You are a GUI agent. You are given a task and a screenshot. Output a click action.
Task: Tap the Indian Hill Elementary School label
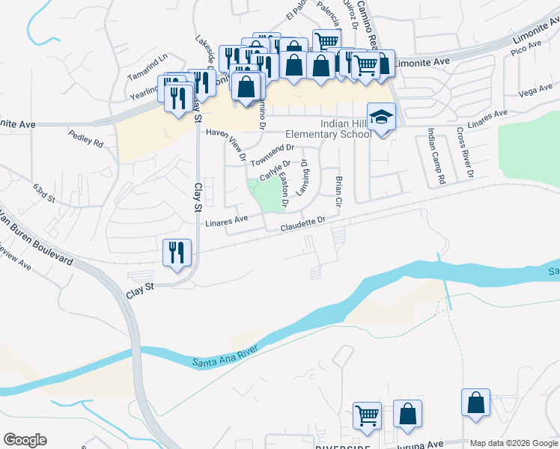[x=329, y=129]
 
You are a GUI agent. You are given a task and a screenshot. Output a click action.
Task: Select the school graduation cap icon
[x=382, y=117]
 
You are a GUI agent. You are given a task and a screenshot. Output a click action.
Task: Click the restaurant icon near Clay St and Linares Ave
[x=177, y=251]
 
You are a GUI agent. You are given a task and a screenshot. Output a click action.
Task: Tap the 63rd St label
[x=44, y=193]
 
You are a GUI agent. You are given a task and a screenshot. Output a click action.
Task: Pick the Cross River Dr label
[x=464, y=153]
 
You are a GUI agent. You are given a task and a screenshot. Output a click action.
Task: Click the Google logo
[x=25, y=440]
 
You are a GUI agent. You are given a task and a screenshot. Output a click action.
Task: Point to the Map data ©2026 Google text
[x=514, y=443]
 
